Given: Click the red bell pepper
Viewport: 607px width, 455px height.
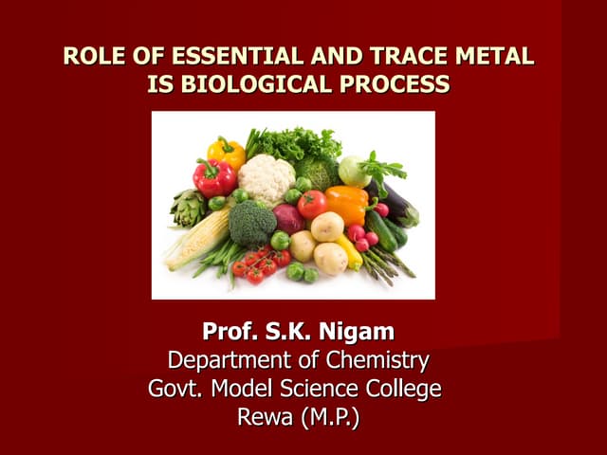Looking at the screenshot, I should tap(214, 177).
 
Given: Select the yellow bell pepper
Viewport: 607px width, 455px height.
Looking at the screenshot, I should tap(227, 151).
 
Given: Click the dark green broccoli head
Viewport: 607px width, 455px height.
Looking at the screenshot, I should tap(253, 224).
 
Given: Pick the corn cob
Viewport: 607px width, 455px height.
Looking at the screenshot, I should tap(197, 238).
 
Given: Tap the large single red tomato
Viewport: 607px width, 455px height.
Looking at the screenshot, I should tap(311, 204).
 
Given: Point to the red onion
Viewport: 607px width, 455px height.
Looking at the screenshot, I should tap(288, 219).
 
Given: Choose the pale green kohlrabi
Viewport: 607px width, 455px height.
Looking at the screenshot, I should tap(355, 171).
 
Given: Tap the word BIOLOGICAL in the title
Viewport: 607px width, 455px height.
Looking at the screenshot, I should tap(254, 84).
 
